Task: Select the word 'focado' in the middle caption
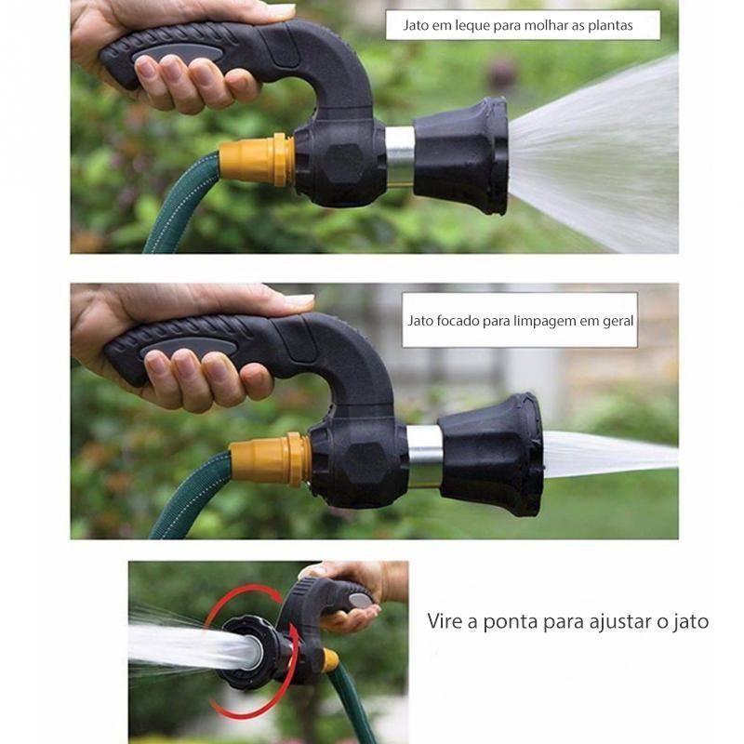[457, 321]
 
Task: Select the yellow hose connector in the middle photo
[270, 458]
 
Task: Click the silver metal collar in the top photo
[399, 154]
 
